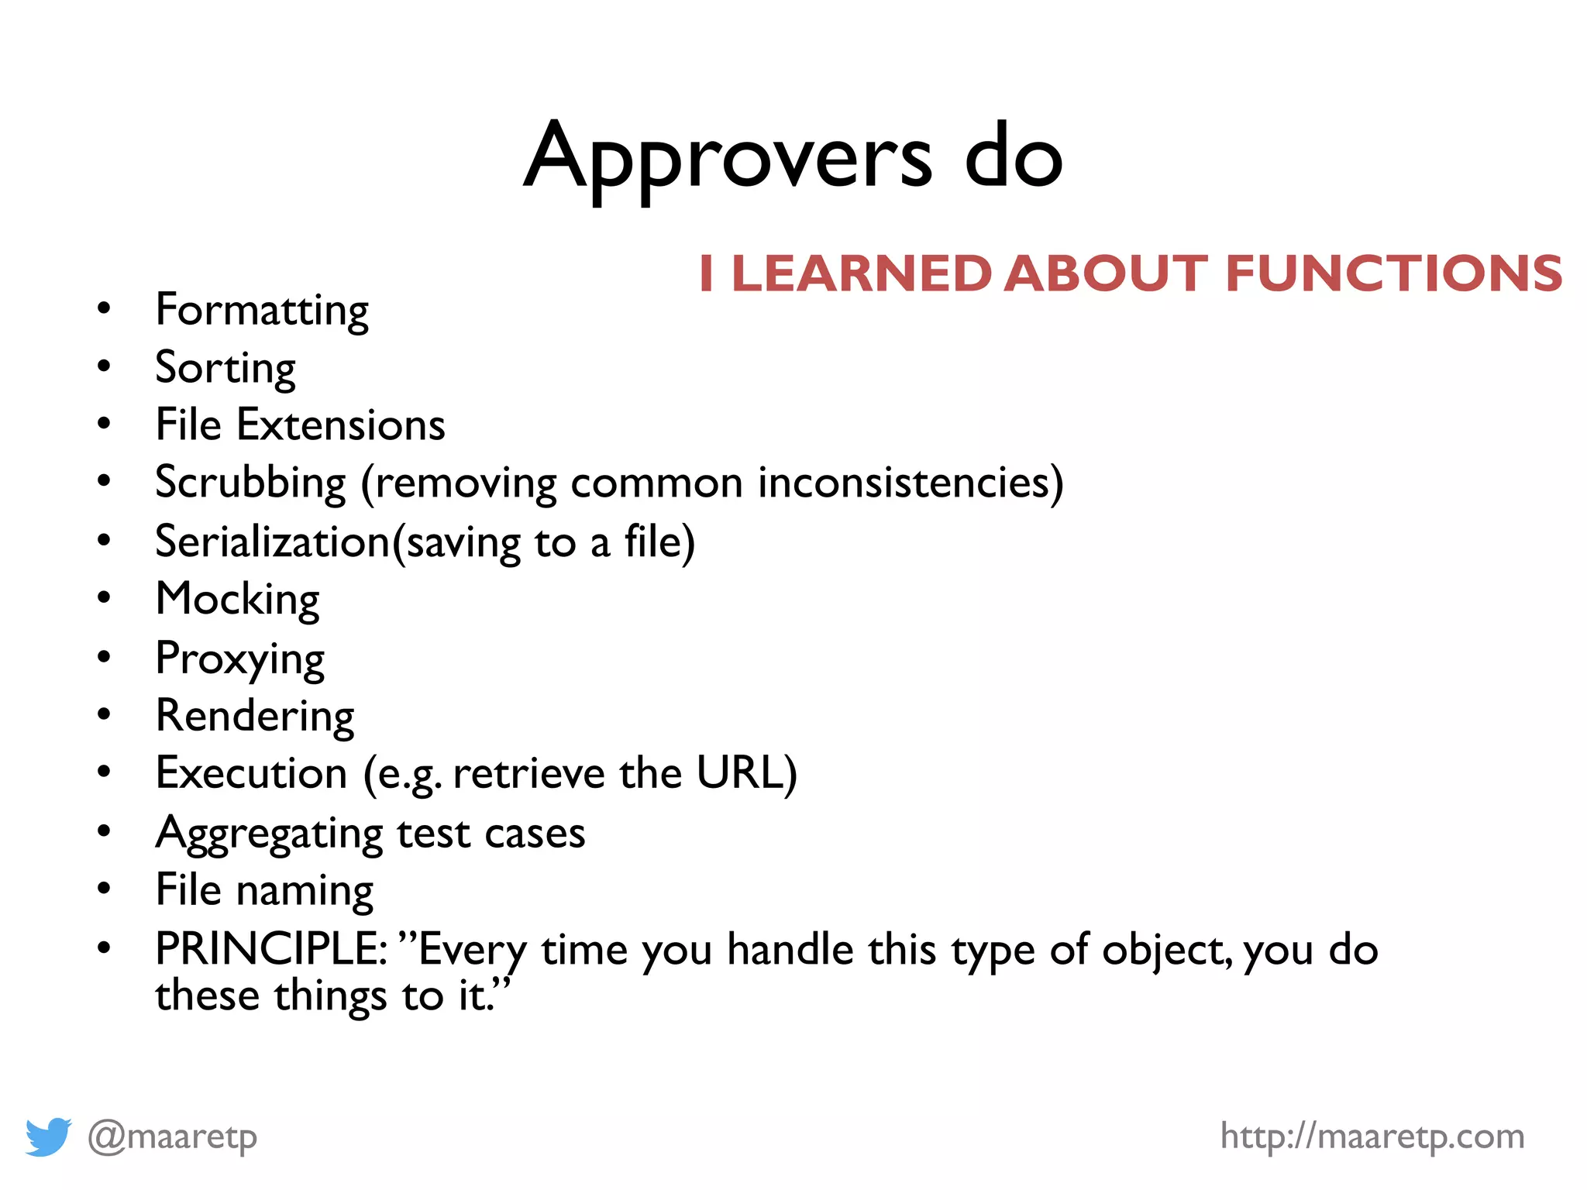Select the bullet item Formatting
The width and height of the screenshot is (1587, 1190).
pyautogui.click(x=262, y=311)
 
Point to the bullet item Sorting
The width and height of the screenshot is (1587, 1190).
pyautogui.click(x=225, y=368)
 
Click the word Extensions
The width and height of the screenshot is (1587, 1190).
pyautogui.click(x=341, y=425)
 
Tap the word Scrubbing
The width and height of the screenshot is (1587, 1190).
pyautogui.click(x=250, y=483)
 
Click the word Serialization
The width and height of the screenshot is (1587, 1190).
pyautogui.click(x=273, y=542)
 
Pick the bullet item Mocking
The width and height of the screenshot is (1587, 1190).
pyautogui.click(x=237, y=600)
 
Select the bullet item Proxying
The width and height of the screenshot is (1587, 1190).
pyautogui.click(x=239, y=659)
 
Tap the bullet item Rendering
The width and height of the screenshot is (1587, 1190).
pyautogui.click(x=255, y=716)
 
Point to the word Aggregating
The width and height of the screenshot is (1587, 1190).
pyautogui.click(x=269, y=834)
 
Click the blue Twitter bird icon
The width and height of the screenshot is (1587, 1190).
pyautogui.click(x=48, y=1137)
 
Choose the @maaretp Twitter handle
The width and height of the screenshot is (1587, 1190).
pyautogui.click(x=172, y=1137)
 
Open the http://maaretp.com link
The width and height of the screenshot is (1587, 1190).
pyautogui.click(x=1372, y=1137)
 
